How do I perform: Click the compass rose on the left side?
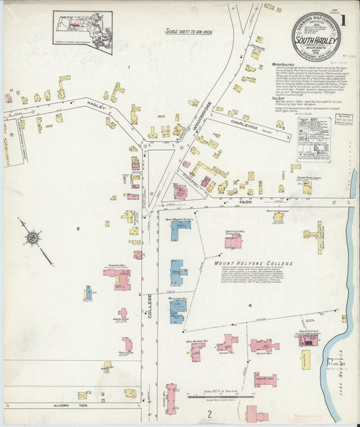pos(32,237)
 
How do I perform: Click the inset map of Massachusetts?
pos(83,32)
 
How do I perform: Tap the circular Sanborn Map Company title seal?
pos(315,34)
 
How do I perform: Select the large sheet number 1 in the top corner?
pos(344,20)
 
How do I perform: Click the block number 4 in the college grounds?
pos(249,305)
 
